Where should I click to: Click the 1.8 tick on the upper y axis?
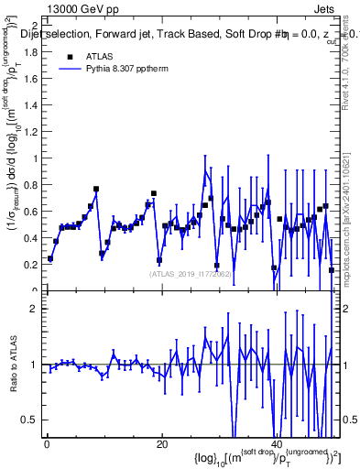point(31,52)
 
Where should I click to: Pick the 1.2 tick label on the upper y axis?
point(31,132)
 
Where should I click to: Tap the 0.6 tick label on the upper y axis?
point(31,212)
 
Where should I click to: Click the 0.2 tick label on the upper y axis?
point(31,265)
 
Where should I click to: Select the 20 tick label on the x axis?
point(161,445)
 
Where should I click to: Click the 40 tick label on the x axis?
point(278,445)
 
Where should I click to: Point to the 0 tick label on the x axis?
point(46,445)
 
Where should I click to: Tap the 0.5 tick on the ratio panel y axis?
point(31,420)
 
